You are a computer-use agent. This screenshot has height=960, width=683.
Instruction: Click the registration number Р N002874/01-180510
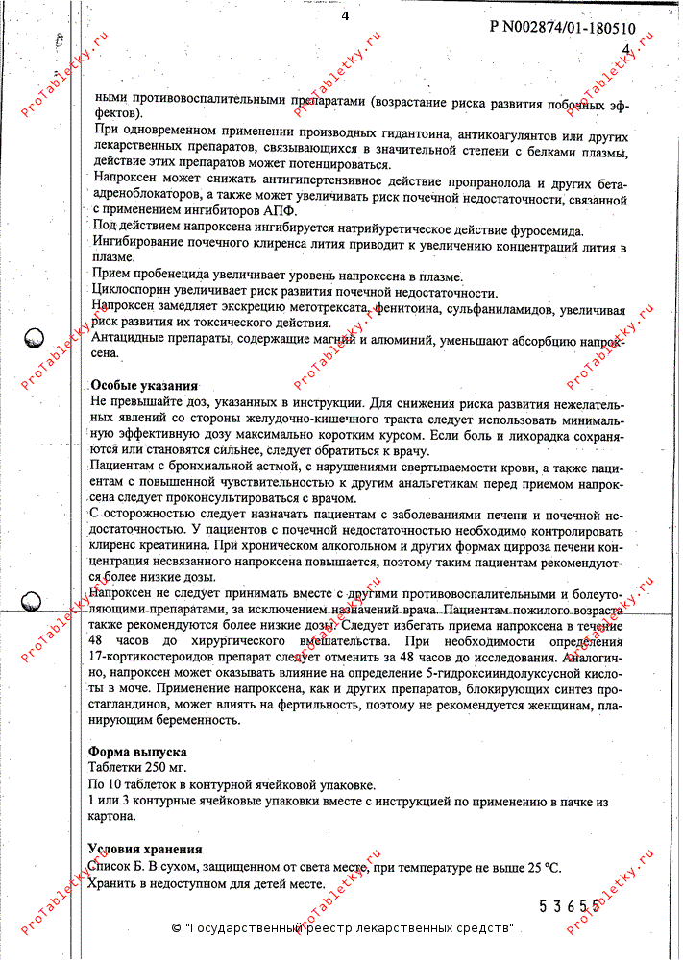[x=562, y=28]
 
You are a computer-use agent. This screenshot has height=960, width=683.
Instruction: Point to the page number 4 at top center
[x=345, y=14]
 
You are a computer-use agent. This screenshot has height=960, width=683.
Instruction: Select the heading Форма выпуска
[x=137, y=752]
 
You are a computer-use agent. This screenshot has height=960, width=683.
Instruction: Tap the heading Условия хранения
[x=145, y=850]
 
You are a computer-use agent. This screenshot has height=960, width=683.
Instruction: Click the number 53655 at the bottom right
[x=571, y=905]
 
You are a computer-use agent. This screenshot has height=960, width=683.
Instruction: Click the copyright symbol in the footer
[x=176, y=928]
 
